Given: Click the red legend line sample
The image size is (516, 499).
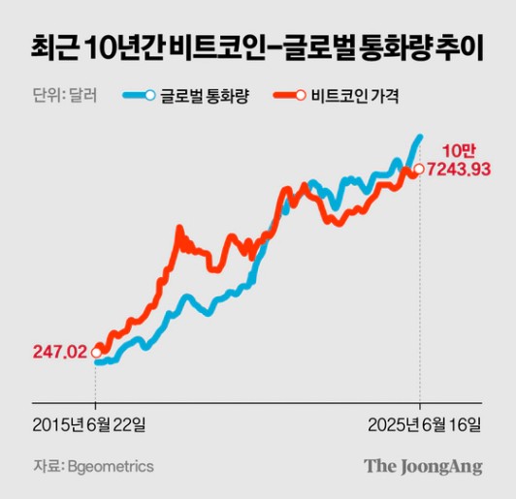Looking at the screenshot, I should coord(288,95).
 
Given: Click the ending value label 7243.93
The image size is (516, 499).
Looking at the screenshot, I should coord(458,171).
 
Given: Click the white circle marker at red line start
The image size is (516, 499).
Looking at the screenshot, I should coord(95,353).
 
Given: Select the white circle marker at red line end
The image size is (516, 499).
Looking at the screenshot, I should coord(418,172).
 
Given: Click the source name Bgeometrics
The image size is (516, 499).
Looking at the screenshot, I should coord(112,467).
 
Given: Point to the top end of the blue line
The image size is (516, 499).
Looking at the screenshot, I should coord(419,137).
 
